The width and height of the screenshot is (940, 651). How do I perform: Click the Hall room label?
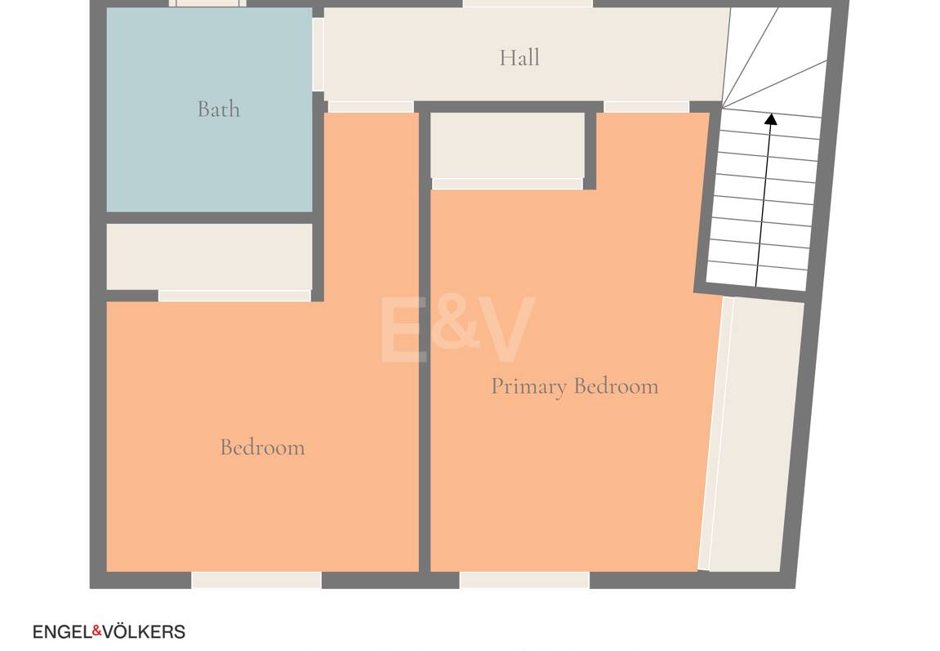pos(519,57)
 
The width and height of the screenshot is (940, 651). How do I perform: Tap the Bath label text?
pos(219,109)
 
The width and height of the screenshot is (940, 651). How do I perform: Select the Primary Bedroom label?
pos(575,386)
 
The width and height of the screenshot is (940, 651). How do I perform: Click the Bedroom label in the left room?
pos(263,447)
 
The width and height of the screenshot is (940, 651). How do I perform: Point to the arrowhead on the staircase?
pos(771,118)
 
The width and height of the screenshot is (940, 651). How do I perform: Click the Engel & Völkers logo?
pos(109,631)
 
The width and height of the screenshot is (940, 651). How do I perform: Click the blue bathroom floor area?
pos(209,109)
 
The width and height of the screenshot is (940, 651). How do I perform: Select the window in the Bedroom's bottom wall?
pos(256,580)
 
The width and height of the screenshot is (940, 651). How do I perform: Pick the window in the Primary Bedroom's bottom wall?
pos(524,580)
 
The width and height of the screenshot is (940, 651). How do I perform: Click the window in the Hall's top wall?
pos(528,3)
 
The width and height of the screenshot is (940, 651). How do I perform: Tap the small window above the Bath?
pos(207,3)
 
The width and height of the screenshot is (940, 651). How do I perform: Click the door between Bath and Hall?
pos(318,55)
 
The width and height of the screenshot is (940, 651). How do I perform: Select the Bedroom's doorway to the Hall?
pos(371,107)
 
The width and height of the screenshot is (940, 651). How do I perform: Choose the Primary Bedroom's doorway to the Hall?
pos(646,107)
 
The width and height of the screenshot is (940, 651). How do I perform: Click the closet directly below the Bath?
pos(209,256)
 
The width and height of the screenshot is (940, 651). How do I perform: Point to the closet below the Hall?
pos(507,145)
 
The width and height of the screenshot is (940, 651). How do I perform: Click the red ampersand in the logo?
pos(96,631)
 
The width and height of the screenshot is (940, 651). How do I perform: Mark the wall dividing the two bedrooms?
pos(425,341)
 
